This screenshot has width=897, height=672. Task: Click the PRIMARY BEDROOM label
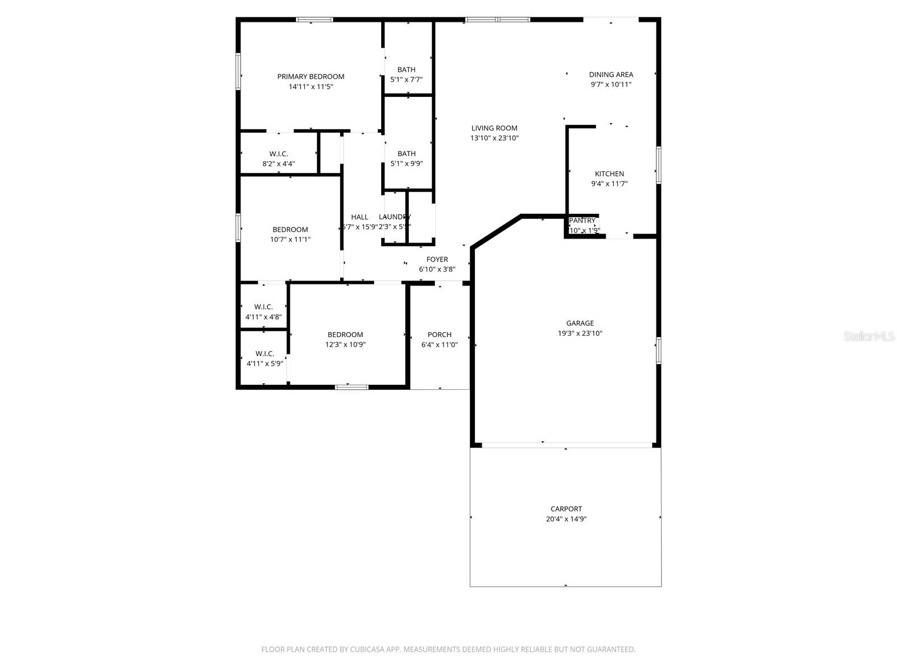(311, 77)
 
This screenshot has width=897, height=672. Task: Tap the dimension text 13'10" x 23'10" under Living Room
(494, 138)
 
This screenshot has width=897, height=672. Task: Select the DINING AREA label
(611, 74)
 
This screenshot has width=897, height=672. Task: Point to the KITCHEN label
(609, 174)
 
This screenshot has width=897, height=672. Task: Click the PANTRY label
(582, 221)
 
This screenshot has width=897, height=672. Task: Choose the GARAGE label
(580, 323)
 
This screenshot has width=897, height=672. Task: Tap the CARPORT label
(566, 509)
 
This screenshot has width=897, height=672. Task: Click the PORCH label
(440, 335)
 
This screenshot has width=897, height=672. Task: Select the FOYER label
(437, 259)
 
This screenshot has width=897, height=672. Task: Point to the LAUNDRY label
(395, 217)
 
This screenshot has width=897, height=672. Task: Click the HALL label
(359, 217)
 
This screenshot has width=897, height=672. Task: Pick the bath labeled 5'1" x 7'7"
(406, 70)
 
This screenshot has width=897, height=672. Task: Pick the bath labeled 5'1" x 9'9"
(406, 153)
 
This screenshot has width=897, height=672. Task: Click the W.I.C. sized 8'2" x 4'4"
(279, 154)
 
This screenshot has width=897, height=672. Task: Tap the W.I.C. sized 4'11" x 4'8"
(263, 307)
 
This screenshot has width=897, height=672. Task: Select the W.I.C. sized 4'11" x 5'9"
(265, 354)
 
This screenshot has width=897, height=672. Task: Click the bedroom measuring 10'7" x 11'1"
(290, 230)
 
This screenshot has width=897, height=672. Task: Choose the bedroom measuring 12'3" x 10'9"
(345, 335)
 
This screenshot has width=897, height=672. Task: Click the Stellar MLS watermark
(869, 337)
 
